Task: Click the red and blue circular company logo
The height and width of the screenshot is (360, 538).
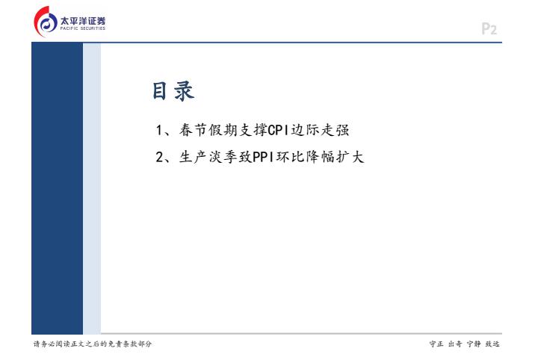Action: coord(46,22)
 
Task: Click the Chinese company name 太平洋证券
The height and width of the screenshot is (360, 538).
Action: coord(83,21)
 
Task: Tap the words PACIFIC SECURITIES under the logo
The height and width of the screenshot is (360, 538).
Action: coord(83,28)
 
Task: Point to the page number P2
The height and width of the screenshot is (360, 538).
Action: coord(489,29)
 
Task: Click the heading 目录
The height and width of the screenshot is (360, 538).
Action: coord(173,91)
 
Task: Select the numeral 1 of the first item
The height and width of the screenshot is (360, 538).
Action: coord(159,130)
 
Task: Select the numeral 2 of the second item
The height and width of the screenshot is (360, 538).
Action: coord(159,157)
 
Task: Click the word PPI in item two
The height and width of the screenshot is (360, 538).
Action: coord(263,157)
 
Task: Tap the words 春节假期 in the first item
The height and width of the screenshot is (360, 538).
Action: coord(208,130)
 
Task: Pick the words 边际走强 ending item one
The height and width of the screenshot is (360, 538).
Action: coord(320,130)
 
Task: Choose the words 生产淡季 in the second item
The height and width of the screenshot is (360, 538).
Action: coord(208,157)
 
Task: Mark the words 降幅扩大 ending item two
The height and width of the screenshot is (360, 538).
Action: coord(336,157)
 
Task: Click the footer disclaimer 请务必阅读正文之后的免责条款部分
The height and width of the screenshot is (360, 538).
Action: coord(93,344)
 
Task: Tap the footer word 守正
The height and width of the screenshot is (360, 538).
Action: coord(436,344)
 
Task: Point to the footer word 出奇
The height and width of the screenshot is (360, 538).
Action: coord(455,344)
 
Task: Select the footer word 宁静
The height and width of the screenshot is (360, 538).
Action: coord(474,344)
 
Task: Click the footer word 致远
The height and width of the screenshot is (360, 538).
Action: coord(492,344)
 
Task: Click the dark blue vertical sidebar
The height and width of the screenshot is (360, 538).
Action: coord(57,188)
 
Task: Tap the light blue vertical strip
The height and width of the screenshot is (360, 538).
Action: coord(92,188)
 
